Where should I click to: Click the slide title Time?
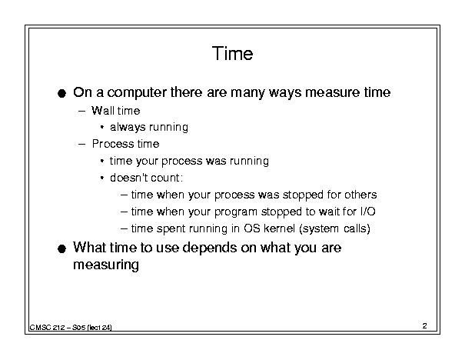click(x=232, y=54)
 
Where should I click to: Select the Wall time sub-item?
click(x=115, y=111)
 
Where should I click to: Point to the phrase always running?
click(x=149, y=128)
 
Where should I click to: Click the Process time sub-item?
click(x=126, y=144)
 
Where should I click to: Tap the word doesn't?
click(x=128, y=178)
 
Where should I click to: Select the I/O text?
click(x=367, y=212)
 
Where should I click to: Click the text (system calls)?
click(x=334, y=228)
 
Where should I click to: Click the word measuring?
click(x=106, y=265)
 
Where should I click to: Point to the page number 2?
click(x=424, y=326)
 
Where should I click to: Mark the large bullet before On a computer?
click(x=61, y=94)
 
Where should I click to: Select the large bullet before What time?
click(x=61, y=248)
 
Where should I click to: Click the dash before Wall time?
click(x=81, y=112)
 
